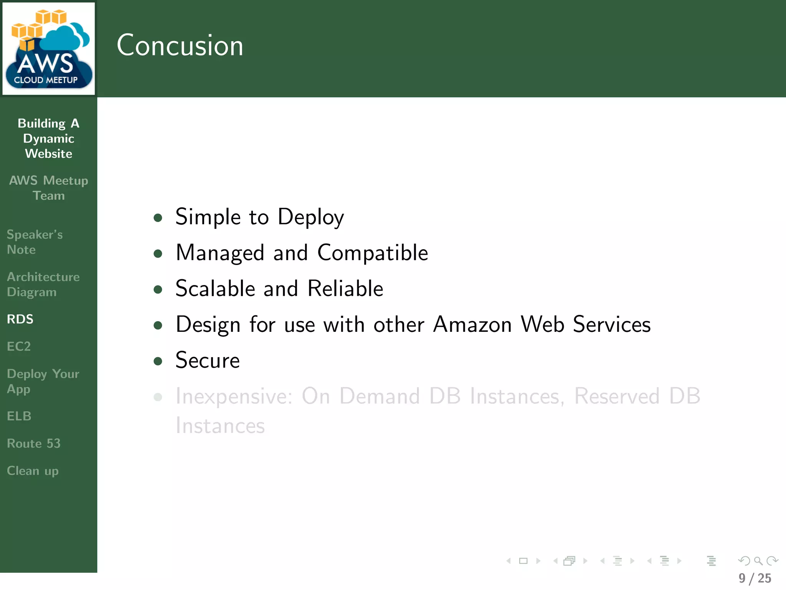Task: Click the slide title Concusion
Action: point(180,45)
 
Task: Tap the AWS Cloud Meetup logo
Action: point(49,48)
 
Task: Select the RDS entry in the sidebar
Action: point(20,319)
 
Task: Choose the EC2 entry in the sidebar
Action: point(19,346)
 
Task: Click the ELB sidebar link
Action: point(19,416)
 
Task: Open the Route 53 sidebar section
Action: point(34,443)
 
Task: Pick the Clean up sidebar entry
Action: point(33,471)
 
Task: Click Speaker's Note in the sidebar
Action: point(35,242)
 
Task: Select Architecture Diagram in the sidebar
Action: point(43,284)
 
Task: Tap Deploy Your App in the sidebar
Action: point(43,381)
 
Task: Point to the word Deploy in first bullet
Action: point(310,217)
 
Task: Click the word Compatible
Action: point(372,253)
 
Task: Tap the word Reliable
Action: point(345,288)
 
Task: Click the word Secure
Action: point(207,360)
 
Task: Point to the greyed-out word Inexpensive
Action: point(234,396)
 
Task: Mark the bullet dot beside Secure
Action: point(158,361)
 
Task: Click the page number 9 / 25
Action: point(755,578)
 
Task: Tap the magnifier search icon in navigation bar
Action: point(758,561)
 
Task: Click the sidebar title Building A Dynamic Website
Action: point(49,138)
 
